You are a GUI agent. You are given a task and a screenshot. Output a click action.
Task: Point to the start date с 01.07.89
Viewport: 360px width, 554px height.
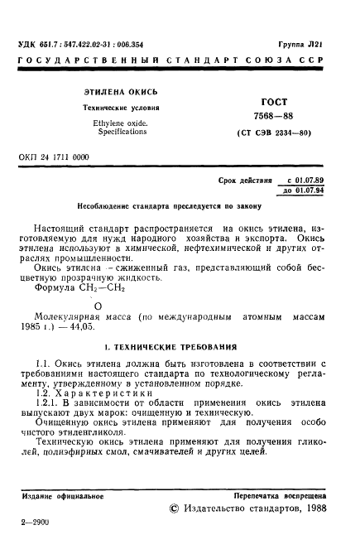coord(312,179)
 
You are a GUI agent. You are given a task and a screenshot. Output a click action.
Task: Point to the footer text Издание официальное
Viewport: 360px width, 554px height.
coord(62,495)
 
